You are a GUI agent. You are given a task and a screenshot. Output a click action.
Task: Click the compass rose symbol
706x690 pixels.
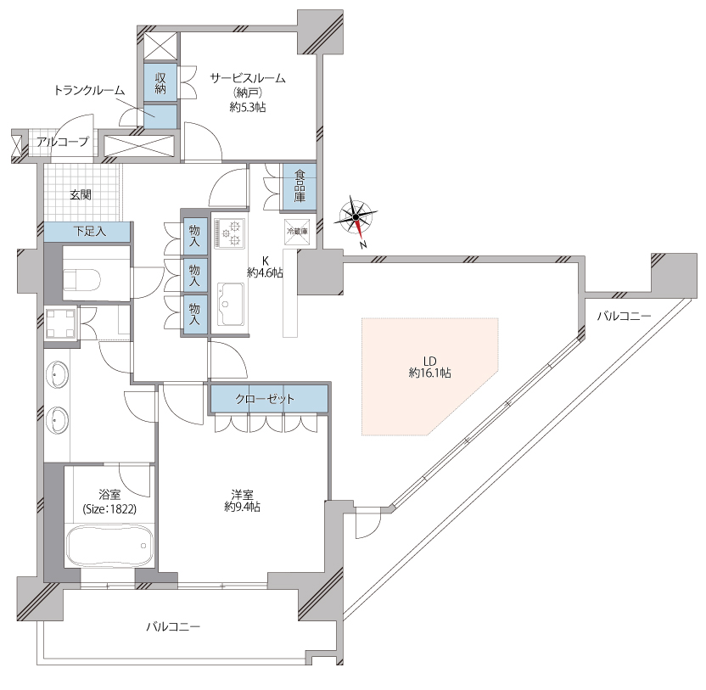356,217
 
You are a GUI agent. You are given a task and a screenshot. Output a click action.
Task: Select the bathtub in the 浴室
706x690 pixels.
109,545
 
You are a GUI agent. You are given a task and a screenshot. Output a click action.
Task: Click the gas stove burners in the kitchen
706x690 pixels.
229,233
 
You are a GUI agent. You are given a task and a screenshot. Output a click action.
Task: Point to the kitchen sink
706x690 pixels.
230,304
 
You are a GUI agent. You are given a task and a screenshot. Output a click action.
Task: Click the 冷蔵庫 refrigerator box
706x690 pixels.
297,232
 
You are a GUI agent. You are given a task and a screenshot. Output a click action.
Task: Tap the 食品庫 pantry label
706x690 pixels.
300,186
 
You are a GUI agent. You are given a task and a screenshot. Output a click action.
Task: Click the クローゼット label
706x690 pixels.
265,399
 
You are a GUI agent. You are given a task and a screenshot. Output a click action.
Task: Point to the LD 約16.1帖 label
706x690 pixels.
429,367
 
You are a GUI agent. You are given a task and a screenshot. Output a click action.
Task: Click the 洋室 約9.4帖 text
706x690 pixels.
242,501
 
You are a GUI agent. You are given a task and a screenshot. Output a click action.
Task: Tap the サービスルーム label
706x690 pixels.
248,78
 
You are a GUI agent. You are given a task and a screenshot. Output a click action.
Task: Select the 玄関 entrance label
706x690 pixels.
81,194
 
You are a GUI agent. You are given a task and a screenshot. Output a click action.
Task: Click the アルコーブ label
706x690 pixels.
63,142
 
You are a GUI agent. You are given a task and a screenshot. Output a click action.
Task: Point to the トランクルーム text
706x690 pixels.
89,90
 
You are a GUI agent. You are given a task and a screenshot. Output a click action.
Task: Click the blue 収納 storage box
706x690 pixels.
160,82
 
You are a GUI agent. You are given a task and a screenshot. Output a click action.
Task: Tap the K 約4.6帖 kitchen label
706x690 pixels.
266,266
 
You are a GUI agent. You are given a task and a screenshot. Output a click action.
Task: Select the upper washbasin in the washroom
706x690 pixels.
57,375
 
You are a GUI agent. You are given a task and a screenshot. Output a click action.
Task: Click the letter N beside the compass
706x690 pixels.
363,245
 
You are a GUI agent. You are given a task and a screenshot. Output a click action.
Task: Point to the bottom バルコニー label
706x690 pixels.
173,626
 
